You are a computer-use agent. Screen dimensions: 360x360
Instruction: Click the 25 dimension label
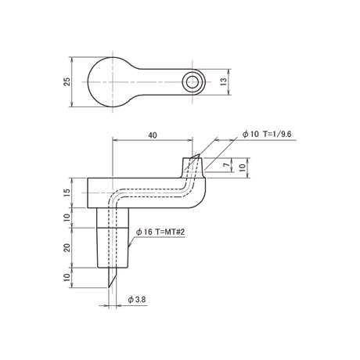pos(67,82)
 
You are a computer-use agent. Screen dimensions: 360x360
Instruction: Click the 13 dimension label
pos(224,82)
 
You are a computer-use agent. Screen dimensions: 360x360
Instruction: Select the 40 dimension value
pos(153,135)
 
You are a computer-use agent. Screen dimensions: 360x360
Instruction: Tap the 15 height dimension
pos(67,193)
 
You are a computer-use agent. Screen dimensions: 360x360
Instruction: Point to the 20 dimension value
pos(67,247)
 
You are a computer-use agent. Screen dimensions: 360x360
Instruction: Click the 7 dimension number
pos(228,164)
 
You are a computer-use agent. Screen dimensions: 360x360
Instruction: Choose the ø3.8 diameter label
pos(137,300)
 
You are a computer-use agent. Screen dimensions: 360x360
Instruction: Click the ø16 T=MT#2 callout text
pos(160,232)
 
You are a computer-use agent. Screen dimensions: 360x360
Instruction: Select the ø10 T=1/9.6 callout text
pos(267,134)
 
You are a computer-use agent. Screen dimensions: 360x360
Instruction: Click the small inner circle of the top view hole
pos(193,82)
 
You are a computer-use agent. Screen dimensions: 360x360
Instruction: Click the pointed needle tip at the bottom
pos(109,287)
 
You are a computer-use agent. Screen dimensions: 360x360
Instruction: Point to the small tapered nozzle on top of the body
pos(193,167)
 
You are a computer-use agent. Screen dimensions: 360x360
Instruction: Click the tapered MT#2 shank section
pos(113,248)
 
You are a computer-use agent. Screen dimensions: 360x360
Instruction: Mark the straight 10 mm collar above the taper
pos(113,218)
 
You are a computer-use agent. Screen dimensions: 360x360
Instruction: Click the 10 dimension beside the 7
pos(243,167)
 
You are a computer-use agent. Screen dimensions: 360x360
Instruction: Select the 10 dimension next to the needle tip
pos(67,278)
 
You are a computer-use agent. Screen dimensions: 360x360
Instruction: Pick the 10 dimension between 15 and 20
pos(67,218)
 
